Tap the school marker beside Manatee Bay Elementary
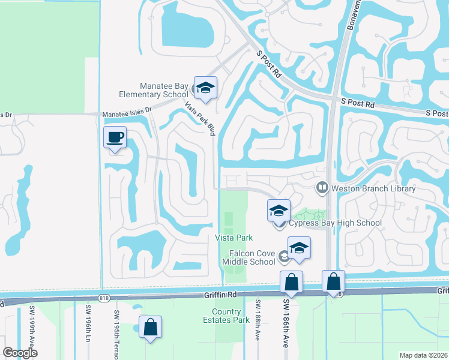click(205, 88)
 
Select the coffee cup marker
click(116, 137)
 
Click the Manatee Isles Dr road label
click(127, 112)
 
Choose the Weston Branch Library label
click(373, 188)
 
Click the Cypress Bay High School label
click(335, 223)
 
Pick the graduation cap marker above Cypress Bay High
click(279, 211)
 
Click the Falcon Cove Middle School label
click(249, 257)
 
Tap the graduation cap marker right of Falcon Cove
click(299, 248)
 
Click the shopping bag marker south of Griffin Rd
click(150, 328)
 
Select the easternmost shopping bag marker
click(334, 282)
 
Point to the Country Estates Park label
click(231, 316)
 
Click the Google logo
click(20, 353)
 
